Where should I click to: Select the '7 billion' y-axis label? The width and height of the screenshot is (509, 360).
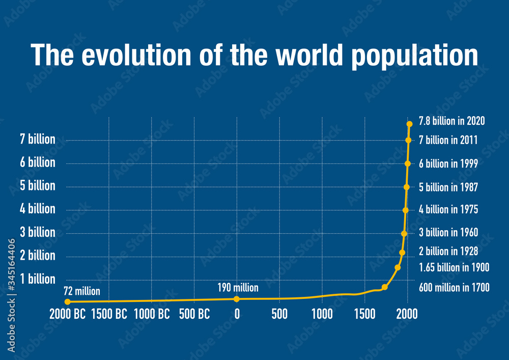[x=38, y=139]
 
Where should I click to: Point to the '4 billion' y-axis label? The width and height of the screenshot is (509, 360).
[x=38, y=209]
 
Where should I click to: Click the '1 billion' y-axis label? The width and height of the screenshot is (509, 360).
[x=38, y=279]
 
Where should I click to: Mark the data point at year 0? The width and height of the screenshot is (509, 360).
[x=237, y=299]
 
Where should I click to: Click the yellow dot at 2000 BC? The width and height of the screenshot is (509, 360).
[x=68, y=302]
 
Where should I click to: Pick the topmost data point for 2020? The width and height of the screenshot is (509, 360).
[x=409, y=124]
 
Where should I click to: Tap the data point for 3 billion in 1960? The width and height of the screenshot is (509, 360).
[x=404, y=234]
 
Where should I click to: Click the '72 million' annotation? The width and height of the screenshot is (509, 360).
[x=81, y=292]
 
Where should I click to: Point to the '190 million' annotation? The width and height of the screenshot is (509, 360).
[x=238, y=288]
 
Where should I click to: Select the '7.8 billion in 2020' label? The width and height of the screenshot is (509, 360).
[x=451, y=121]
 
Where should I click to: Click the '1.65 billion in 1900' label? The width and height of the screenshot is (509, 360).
[x=454, y=267]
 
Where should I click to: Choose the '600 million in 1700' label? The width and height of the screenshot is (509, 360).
[x=454, y=288]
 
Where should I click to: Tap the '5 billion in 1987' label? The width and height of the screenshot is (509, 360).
[x=448, y=187]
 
